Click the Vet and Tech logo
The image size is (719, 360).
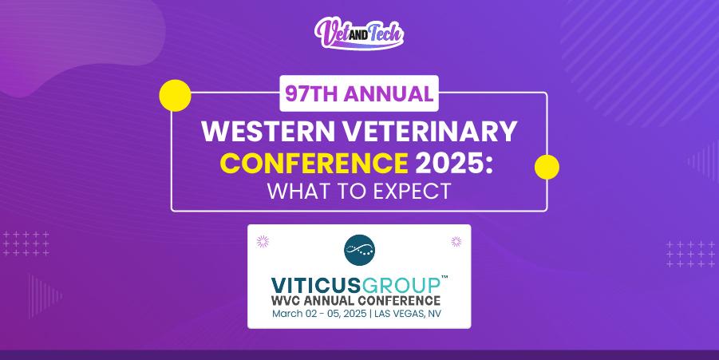[359, 33]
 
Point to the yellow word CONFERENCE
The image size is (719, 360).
[313, 163]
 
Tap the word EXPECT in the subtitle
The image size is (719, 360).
[411, 192]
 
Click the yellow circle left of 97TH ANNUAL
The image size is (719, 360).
[175, 94]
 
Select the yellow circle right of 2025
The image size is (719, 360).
[546, 167]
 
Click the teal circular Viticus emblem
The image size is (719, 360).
[359, 251]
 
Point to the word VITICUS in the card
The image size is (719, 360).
[314, 285]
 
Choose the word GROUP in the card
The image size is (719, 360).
[401, 285]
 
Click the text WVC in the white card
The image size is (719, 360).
[293, 301]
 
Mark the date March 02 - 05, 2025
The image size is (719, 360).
[318, 314]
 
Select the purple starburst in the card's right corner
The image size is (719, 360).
[456, 240]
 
